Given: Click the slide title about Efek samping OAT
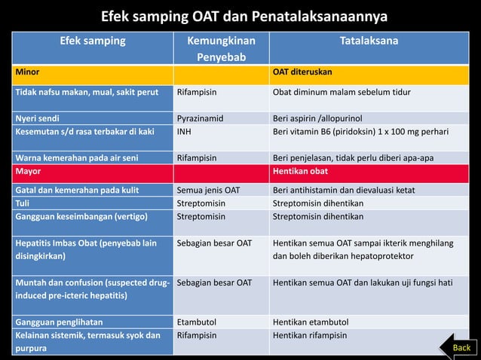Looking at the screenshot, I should (240, 16).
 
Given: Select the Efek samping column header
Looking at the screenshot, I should (93, 41).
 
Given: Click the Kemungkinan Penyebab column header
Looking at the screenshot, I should (221, 48).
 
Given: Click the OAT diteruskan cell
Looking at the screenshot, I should (302, 72).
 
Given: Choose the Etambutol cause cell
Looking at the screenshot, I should (197, 322).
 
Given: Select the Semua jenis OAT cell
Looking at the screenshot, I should (208, 190).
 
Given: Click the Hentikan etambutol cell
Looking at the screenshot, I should (311, 322).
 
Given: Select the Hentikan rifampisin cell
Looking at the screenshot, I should (310, 335).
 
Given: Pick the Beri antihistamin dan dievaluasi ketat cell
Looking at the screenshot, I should (344, 190).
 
